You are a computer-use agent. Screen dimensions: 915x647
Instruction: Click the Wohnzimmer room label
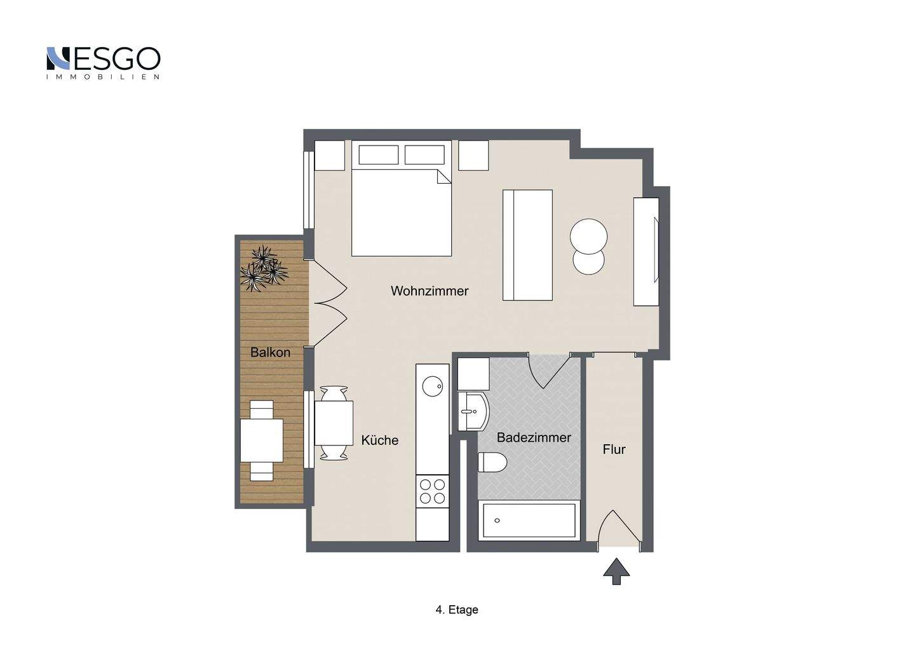click(430, 291)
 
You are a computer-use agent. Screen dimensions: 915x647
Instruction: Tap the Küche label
click(379, 440)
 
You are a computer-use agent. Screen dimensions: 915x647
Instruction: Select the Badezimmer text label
click(534, 437)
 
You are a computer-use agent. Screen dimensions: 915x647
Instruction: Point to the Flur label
click(614, 449)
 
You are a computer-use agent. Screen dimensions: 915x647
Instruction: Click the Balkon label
click(270, 352)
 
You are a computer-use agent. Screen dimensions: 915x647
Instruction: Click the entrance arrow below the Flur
click(616, 572)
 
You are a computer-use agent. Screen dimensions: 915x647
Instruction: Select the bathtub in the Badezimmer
click(529, 521)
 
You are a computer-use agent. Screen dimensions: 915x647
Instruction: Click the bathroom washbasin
click(473, 411)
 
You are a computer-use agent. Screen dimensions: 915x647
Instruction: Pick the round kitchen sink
click(433, 386)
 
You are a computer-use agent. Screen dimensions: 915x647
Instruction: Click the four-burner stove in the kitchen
click(432, 491)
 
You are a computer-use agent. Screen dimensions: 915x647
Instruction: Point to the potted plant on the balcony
click(264, 268)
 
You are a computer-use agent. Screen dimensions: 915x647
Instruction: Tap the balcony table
click(261, 440)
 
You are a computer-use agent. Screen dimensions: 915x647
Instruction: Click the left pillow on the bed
click(378, 155)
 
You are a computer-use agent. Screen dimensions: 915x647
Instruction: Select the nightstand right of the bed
click(473, 155)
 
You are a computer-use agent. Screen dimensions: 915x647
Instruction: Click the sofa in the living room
click(527, 245)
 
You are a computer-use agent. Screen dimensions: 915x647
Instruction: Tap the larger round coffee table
click(588, 236)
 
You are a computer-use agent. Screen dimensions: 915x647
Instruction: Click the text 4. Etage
click(457, 610)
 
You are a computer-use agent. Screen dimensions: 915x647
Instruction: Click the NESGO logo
click(104, 62)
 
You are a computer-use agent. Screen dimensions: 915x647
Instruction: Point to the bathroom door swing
click(548, 372)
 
